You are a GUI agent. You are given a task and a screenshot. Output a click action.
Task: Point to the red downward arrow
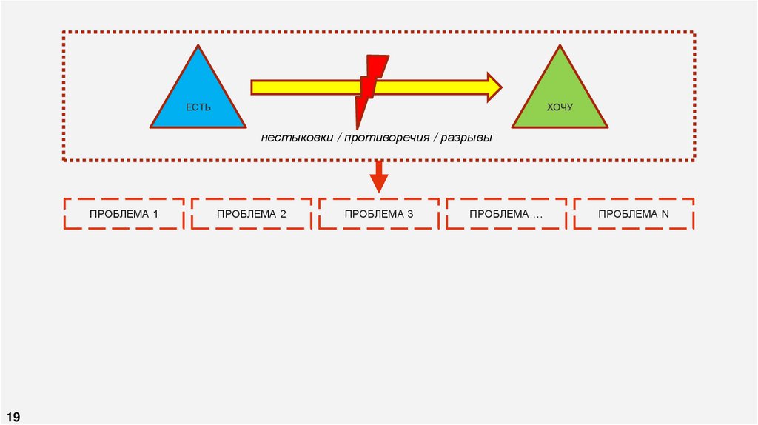tap(379, 178)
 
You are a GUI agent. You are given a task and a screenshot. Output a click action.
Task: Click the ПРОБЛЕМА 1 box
tap(124, 214)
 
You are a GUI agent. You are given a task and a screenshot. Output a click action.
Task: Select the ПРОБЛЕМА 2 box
tap(252, 214)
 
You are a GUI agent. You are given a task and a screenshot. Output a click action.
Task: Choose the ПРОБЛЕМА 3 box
tap(379, 214)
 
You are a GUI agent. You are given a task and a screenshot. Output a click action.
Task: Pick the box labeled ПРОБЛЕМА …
tap(506, 214)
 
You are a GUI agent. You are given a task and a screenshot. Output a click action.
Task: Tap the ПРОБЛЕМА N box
tap(634, 214)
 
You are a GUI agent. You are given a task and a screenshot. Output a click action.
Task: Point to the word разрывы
tap(466, 138)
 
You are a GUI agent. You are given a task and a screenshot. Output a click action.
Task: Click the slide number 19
tap(14, 416)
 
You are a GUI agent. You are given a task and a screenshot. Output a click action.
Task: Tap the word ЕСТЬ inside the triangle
tap(198, 108)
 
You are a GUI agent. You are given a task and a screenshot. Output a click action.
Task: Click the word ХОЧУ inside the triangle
tap(560, 108)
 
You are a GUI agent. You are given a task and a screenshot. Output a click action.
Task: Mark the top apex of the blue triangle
tap(198, 47)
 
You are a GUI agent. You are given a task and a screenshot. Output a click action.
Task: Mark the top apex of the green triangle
tap(560, 47)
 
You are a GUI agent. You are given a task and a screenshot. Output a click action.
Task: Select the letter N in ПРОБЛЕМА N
tap(665, 214)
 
